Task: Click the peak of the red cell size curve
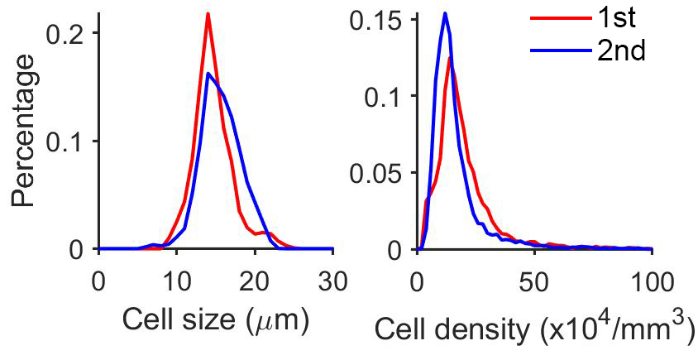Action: point(208,14)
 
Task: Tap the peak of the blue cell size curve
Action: point(208,74)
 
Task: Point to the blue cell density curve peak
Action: point(445,13)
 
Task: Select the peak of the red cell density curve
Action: point(450,58)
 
